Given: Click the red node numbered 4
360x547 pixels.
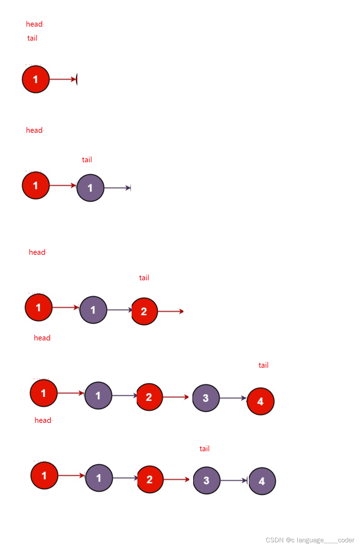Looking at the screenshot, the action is click(260, 401).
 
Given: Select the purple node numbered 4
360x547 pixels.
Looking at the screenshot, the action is click(262, 481).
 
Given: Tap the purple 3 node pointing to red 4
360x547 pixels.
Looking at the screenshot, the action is click(206, 398).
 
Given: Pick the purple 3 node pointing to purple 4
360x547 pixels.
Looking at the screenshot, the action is click(206, 480).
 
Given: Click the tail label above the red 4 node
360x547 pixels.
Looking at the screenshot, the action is click(263, 365).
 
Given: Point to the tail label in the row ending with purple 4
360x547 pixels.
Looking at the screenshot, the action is click(204, 449).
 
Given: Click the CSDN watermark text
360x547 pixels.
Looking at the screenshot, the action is click(310, 540).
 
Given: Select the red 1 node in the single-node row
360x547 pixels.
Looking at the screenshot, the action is click(36, 79).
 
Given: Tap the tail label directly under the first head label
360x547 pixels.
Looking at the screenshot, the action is click(32, 38).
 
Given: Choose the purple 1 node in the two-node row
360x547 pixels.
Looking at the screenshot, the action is click(90, 188).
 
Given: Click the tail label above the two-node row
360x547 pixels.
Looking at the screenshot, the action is click(87, 160).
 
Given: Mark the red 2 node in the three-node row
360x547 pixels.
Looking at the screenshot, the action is click(144, 311).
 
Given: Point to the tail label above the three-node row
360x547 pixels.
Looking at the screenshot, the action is click(144, 278).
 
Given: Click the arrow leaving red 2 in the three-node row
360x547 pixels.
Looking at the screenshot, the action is click(171, 311).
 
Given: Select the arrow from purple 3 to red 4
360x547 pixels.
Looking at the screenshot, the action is click(233, 398).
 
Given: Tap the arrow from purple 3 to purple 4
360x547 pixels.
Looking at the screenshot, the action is click(234, 480).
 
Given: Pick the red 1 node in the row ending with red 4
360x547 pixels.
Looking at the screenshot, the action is click(44, 393).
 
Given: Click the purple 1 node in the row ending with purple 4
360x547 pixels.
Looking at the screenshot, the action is click(99, 478).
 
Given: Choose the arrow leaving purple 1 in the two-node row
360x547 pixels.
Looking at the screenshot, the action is click(117, 188).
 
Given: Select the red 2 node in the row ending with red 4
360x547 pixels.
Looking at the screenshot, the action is click(149, 397).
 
